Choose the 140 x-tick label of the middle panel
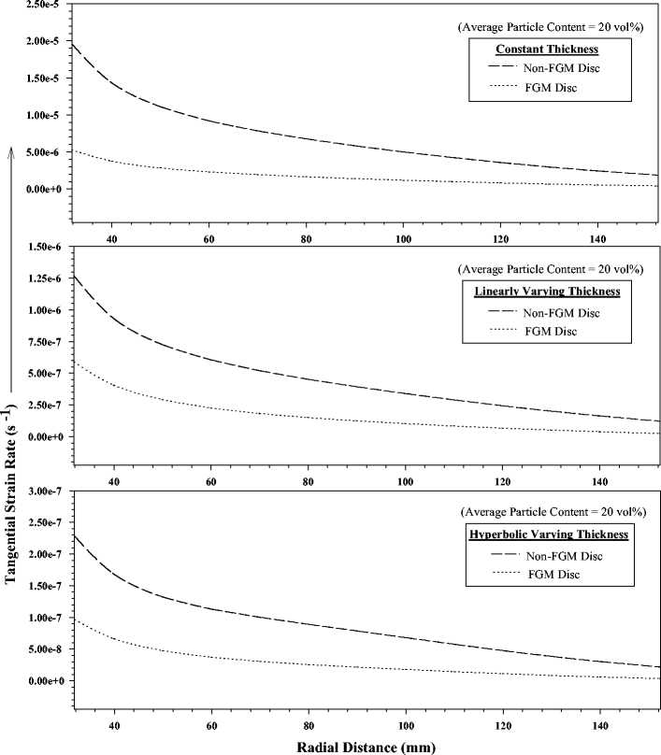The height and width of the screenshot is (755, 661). [x=599, y=481]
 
